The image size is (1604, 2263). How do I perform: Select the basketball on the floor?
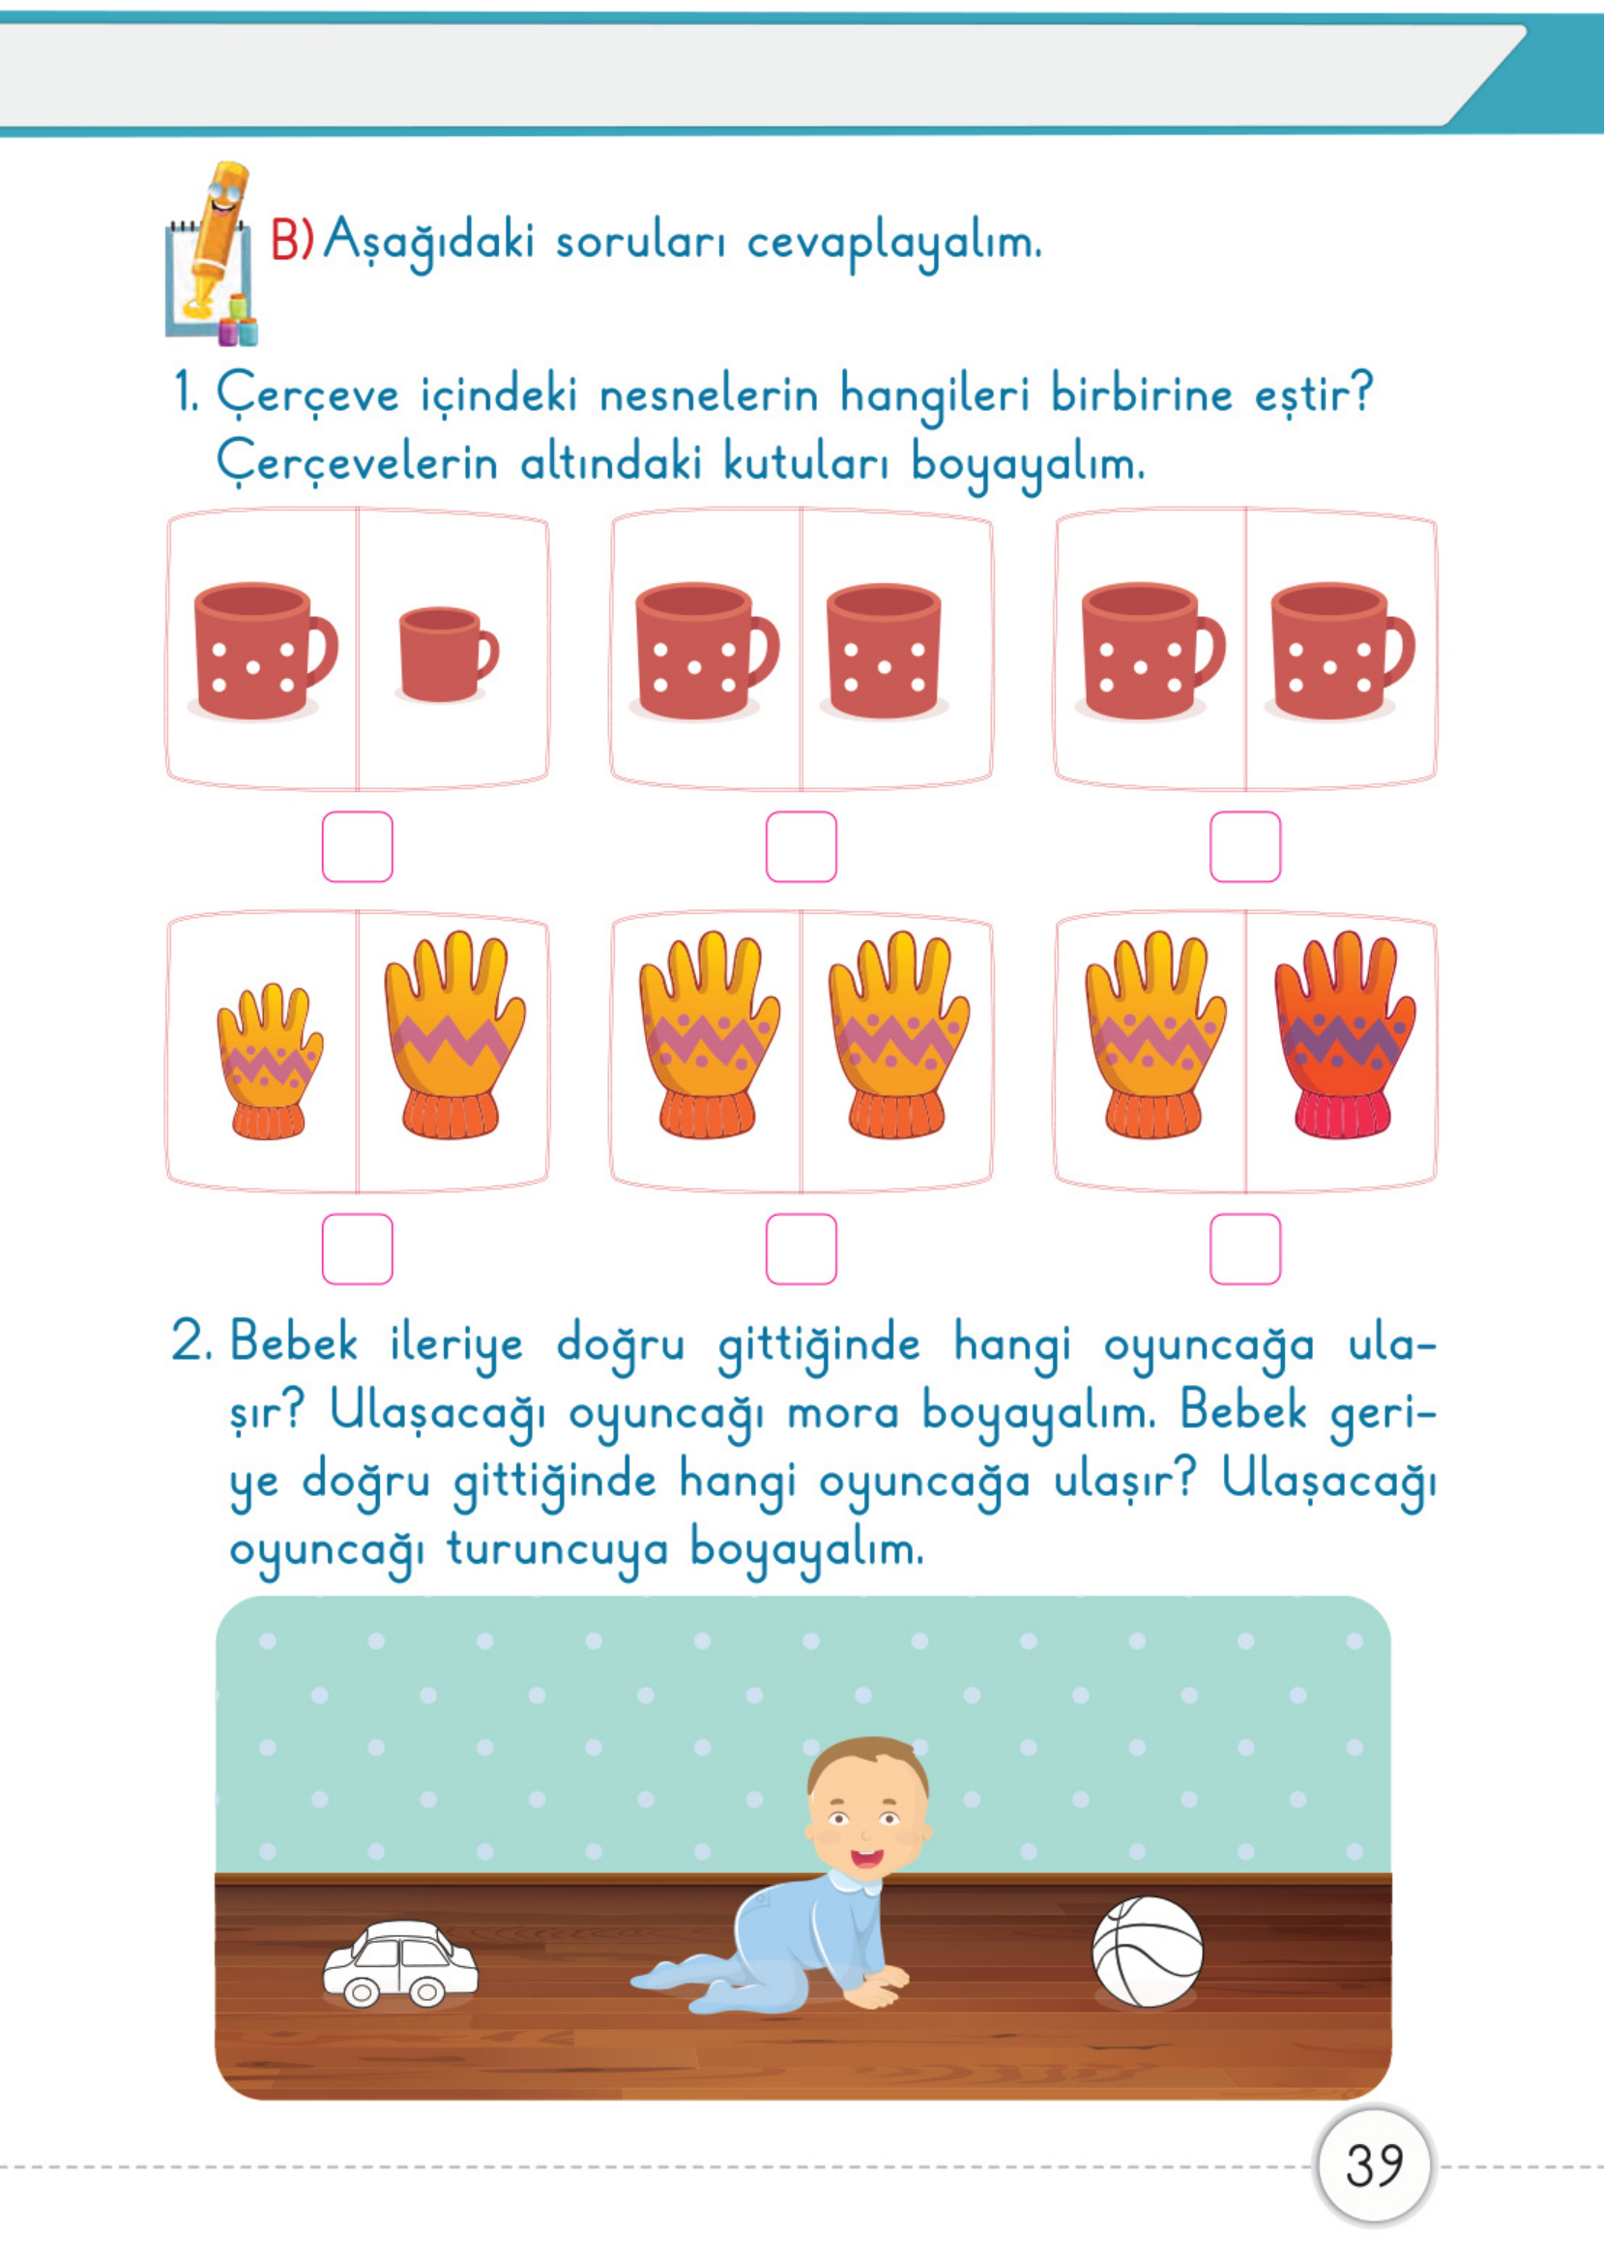(x=1147, y=1951)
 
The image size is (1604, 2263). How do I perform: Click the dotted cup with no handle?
(x=883, y=651)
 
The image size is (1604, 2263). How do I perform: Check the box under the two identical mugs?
(x=1244, y=846)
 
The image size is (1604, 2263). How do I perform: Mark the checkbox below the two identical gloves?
(x=801, y=1249)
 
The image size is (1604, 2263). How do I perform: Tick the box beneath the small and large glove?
(x=358, y=1249)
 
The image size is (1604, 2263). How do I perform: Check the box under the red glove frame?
(x=1244, y=1249)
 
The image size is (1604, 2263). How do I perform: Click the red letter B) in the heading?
(x=291, y=240)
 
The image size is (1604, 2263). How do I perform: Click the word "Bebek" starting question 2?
(x=293, y=1344)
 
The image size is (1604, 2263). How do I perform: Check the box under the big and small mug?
(x=358, y=846)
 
